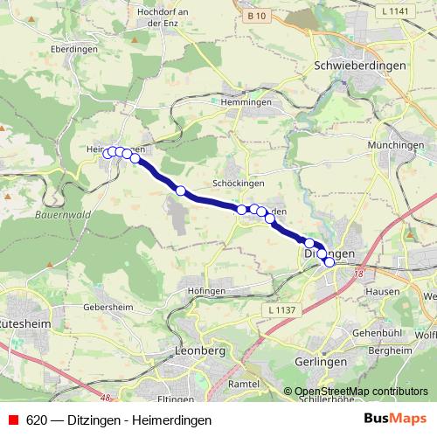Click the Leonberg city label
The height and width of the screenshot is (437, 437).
[x=201, y=350]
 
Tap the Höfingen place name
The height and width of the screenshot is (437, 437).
[x=206, y=289]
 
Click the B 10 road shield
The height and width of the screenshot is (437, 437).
[x=256, y=16]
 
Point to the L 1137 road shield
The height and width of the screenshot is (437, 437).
[x=282, y=310]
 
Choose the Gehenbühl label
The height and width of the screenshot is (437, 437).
[x=376, y=334]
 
